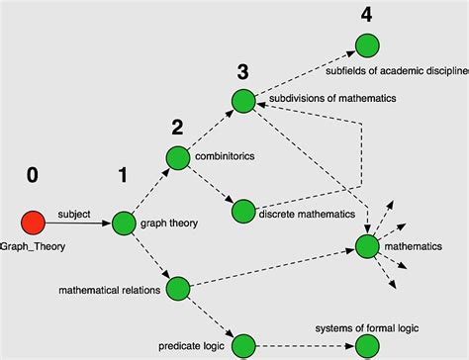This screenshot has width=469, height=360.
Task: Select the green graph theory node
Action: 124,224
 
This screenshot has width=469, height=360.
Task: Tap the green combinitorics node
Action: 178,157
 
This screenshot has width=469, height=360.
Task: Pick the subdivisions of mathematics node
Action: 243,100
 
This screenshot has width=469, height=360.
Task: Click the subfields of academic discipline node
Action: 367,45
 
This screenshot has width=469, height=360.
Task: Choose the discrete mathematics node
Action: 243,211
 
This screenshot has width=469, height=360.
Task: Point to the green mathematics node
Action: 367,245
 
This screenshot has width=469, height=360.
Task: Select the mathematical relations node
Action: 178,289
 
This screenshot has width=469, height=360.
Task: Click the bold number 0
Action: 33,176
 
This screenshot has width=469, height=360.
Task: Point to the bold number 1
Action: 123,177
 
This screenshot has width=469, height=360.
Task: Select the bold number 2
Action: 177,127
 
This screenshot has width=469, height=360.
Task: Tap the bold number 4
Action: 366,15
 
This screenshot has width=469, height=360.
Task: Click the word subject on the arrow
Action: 74,213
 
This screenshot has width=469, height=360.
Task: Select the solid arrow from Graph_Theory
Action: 79,224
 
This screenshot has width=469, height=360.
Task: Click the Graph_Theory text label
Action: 33,246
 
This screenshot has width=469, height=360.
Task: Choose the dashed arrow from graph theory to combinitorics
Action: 150,190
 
